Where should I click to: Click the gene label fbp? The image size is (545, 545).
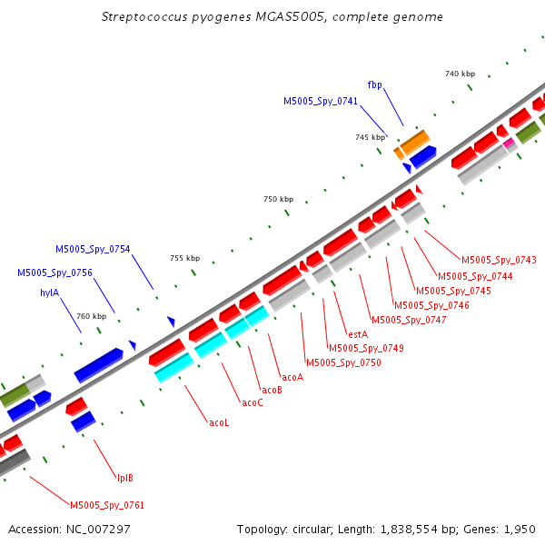(x=374, y=84)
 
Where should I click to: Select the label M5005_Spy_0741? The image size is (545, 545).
(x=321, y=101)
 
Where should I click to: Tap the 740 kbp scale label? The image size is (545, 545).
(x=460, y=74)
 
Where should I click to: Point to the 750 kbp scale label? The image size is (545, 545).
(x=279, y=199)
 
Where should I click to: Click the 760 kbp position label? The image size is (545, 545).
(x=92, y=316)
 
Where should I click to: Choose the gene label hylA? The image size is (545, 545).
(x=50, y=292)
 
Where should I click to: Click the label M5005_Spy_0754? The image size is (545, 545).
(x=93, y=249)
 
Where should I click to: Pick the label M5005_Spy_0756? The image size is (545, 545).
(x=54, y=272)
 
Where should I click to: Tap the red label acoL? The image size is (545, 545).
(x=219, y=422)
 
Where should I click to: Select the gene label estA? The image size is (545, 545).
(x=358, y=334)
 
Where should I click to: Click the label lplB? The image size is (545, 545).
(x=125, y=479)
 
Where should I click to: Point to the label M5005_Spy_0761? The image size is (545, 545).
(x=107, y=505)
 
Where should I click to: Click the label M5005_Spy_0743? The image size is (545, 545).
(x=499, y=260)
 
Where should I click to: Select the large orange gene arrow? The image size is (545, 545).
(x=415, y=143)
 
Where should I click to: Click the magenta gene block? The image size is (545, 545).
(x=509, y=143)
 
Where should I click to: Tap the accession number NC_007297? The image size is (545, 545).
(x=98, y=530)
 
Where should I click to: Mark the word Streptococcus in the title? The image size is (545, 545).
(x=144, y=17)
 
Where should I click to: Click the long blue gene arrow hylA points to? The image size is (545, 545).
(x=99, y=365)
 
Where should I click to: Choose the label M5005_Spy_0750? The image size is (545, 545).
(x=343, y=362)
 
